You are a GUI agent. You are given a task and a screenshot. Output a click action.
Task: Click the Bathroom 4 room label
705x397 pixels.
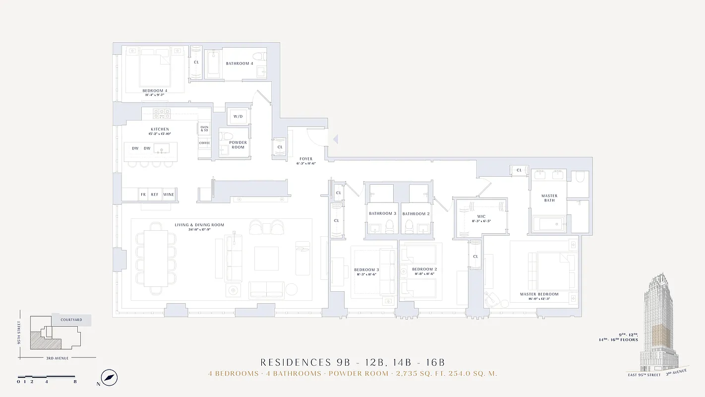click(239, 64)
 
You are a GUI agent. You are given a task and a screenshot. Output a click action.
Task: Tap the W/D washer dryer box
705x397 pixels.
click(238, 117)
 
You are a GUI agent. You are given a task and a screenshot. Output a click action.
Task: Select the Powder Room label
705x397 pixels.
click(238, 145)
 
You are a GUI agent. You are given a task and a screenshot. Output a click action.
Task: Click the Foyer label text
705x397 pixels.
click(306, 159)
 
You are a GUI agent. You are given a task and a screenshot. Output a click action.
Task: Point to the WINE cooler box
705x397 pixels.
click(169, 195)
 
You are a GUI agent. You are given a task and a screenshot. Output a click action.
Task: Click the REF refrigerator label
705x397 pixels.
click(155, 195)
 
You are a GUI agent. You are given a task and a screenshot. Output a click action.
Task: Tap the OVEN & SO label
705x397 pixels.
click(204, 129)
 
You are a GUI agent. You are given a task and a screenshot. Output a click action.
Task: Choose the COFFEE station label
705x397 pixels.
click(204, 143)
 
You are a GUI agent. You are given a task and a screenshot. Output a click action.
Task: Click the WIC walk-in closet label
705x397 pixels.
click(481, 216)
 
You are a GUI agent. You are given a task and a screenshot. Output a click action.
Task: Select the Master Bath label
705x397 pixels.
click(549, 198)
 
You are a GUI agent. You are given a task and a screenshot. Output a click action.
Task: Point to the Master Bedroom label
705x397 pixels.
click(539, 294)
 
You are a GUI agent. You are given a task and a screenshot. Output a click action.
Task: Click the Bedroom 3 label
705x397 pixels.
click(367, 269)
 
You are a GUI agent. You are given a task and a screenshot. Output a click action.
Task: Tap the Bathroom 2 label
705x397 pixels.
click(415, 214)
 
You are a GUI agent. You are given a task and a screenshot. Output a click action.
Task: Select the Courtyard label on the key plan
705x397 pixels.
click(71, 320)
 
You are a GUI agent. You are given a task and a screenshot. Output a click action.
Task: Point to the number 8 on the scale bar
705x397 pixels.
click(75, 382)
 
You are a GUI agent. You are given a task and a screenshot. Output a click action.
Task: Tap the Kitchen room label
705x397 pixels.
click(160, 129)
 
